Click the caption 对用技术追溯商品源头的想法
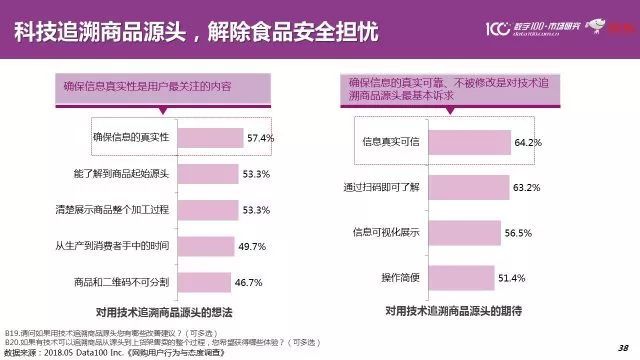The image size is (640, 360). tap(166, 313)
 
